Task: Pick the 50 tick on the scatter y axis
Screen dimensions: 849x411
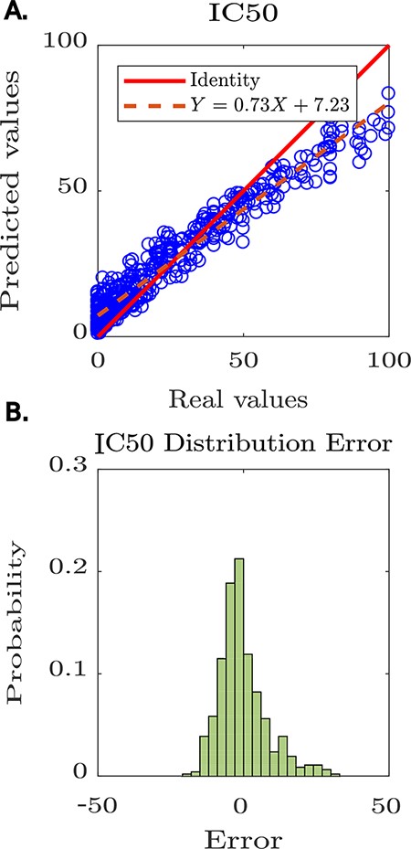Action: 73,190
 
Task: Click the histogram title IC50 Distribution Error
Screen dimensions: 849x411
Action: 242,443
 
